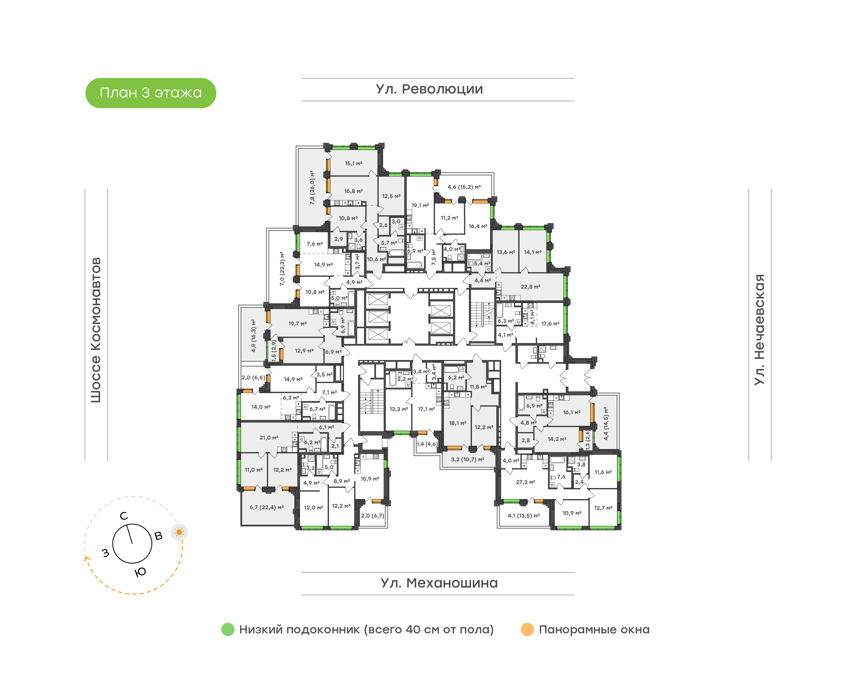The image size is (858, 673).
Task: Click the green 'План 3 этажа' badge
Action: coord(150,93)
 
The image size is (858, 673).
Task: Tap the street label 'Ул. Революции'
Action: coord(429,89)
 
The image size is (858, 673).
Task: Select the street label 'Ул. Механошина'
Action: coord(439,583)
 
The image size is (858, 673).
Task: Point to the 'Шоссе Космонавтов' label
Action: coord(96,330)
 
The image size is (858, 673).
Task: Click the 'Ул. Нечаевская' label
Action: coord(759,330)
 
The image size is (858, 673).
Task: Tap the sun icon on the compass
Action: coord(179,532)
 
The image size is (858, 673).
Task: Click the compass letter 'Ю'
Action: coord(140,572)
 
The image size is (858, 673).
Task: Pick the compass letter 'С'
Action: coord(124,516)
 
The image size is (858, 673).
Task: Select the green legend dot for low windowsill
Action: coord(228,630)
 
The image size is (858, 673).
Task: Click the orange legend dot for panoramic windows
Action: coord(527,630)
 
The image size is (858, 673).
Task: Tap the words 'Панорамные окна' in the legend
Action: coord(594,630)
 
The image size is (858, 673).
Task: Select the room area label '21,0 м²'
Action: coord(269,438)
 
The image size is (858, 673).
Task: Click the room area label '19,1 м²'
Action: coord(420,205)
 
